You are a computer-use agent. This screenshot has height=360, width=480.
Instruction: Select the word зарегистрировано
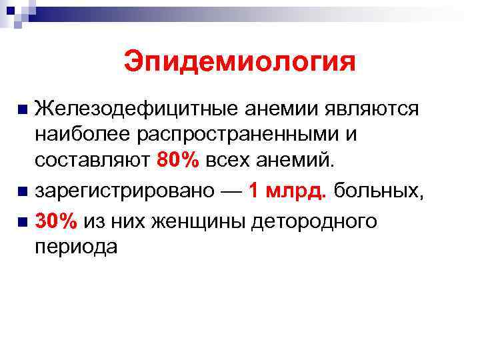click(125, 192)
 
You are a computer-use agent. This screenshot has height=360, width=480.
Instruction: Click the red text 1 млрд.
click(287, 192)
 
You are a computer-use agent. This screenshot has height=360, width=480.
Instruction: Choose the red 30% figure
click(57, 220)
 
